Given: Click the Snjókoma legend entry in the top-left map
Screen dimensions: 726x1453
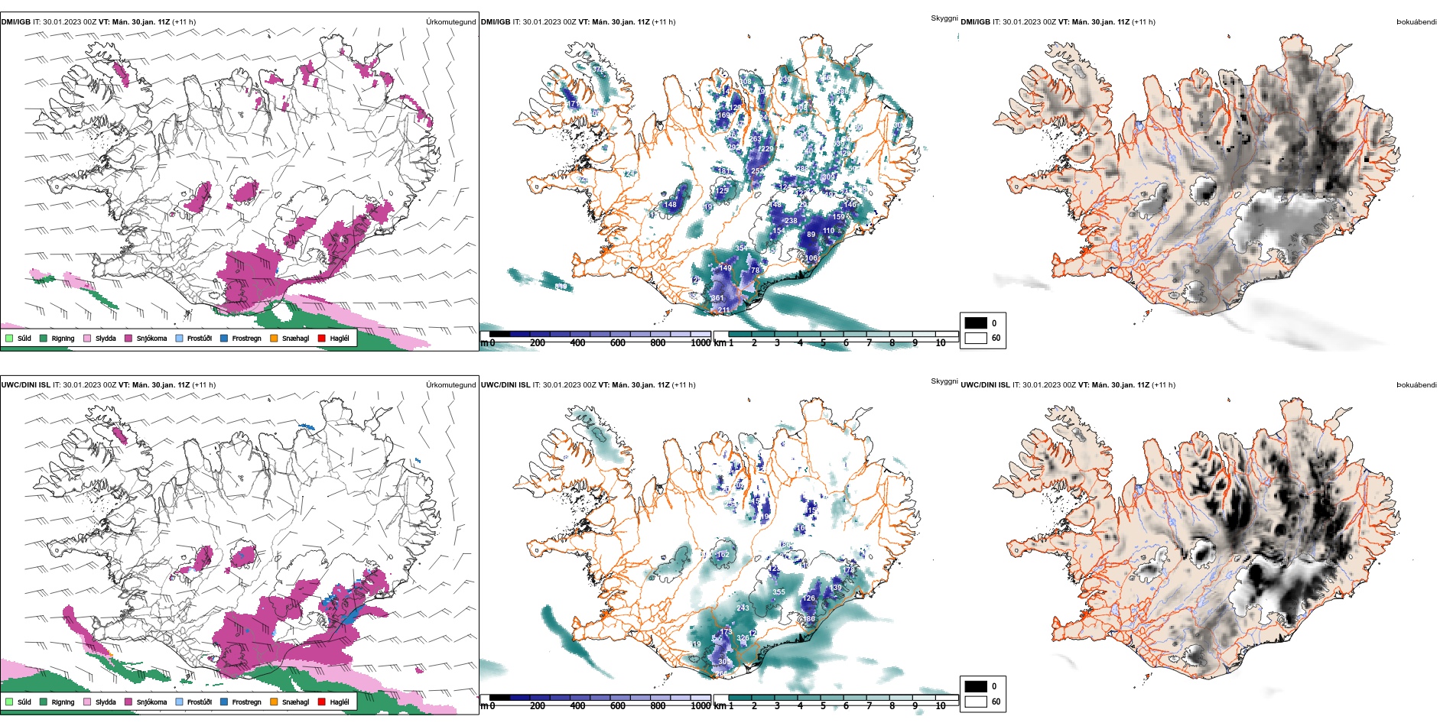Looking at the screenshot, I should [151, 339].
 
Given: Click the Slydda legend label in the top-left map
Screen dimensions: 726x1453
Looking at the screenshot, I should [106, 339].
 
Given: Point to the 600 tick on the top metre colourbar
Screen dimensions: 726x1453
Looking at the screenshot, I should [618, 343].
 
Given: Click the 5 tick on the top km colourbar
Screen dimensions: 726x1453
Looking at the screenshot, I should [823, 343].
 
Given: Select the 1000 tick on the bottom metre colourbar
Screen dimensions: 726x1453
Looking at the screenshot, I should [700, 706].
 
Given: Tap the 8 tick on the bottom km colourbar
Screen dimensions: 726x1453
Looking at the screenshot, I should [892, 706].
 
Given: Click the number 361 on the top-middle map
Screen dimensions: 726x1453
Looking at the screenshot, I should [717, 299].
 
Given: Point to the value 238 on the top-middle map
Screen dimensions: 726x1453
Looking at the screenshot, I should [791, 221].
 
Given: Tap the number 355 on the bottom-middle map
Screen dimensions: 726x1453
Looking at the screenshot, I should [779, 592].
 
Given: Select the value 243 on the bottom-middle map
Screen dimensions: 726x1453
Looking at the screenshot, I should [743, 608].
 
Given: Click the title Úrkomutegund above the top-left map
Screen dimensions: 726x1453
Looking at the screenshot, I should [450, 22].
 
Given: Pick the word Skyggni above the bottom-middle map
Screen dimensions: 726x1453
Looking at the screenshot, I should [944, 381].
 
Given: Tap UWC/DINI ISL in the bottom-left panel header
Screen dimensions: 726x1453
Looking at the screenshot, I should [25, 385].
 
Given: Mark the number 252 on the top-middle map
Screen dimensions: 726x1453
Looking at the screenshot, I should [757, 171].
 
